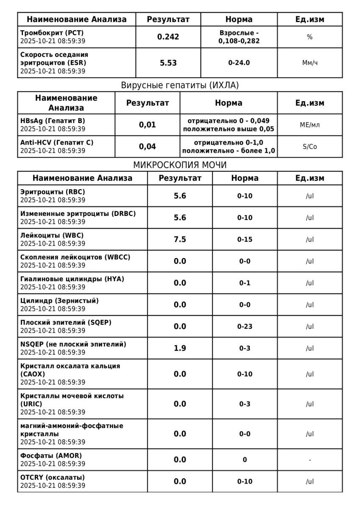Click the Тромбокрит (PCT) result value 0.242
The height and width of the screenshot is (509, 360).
coord(168,37)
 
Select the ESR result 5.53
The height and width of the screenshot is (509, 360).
coord(168,63)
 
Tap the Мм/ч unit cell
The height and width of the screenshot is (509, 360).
coord(310,63)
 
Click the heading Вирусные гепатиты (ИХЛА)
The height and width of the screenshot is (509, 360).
coord(180,85)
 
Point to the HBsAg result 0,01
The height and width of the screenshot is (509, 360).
coord(148,125)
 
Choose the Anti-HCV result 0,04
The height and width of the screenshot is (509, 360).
coord(148,146)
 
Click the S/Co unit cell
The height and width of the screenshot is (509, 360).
coord(310,146)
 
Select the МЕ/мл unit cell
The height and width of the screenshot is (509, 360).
coord(310,125)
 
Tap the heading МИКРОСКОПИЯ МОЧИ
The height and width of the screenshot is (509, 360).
coord(180,165)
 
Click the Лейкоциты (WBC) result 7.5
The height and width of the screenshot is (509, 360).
coord(180,239)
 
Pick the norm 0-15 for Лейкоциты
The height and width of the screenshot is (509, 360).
coord(245,239)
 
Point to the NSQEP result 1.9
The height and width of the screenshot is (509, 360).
coord(180,348)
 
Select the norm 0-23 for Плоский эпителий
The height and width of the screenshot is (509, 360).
coord(245,326)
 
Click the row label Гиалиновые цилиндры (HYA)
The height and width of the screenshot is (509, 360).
coord(73,279)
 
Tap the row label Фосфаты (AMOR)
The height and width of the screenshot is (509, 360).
coord(51,456)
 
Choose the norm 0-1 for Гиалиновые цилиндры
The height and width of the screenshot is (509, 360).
coord(245,283)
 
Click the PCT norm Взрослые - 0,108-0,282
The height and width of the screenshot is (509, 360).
coord(239,37)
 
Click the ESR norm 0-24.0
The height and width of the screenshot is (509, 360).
coord(239,63)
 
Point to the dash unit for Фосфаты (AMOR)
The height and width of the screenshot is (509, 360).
coord(310,460)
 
